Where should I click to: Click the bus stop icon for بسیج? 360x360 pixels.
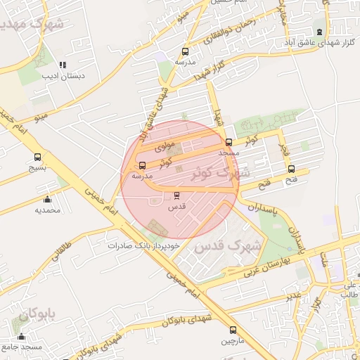[x=37, y=157]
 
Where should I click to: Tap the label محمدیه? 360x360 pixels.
[x=48, y=210]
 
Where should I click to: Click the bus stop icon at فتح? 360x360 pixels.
[x=291, y=169]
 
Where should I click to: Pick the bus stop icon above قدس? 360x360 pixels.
[x=176, y=195]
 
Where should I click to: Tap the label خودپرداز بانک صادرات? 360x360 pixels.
[x=144, y=245]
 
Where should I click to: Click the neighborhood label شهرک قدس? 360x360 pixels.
[x=227, y=247]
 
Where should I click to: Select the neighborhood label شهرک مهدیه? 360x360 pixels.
[x=32, y=25]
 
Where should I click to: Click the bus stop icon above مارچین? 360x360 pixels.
[x=233, y=330]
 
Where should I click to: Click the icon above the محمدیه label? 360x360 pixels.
[x=47, y=199]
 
